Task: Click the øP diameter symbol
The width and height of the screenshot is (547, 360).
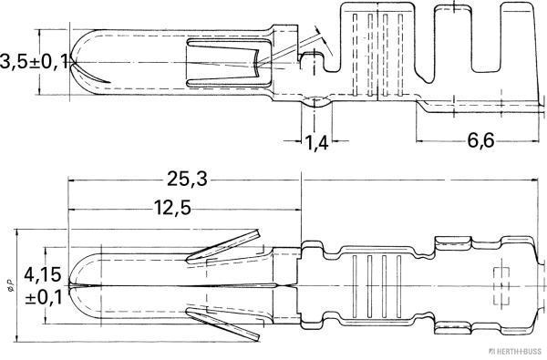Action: (11, 286)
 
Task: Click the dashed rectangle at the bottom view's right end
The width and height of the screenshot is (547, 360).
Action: (500, 283)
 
